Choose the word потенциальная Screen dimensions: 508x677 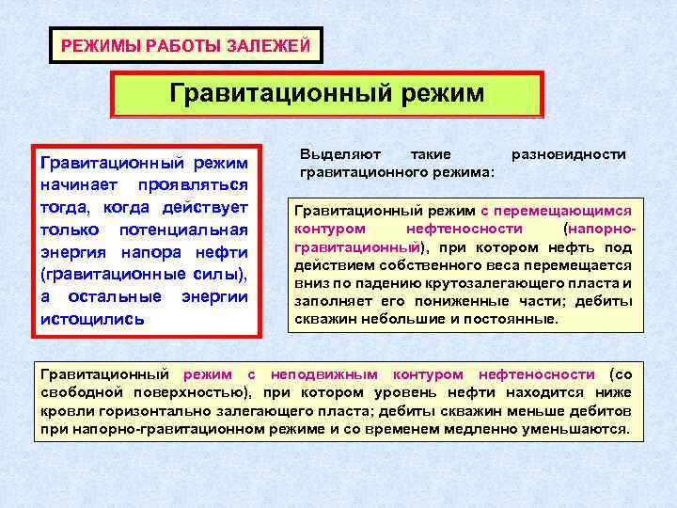coord(184,230)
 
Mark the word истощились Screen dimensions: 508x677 coord(92,318)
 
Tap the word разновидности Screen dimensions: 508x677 coord(568,153)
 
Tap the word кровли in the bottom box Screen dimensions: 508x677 coord(63,411)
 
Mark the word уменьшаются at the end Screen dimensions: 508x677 coord(583,429)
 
